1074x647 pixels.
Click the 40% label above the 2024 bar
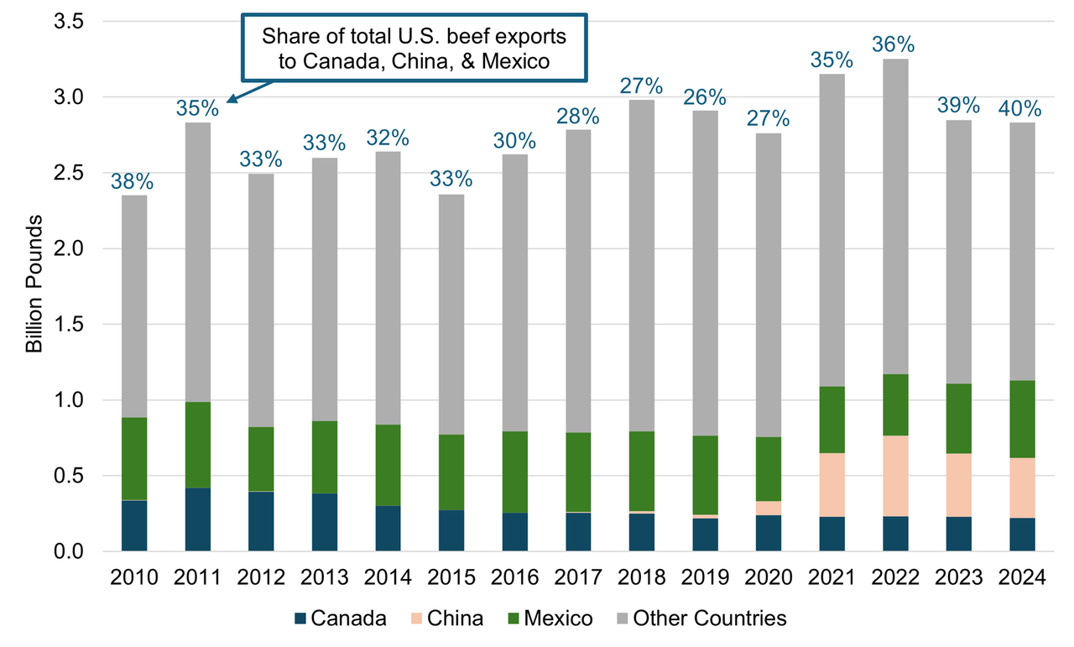tap(1021, 109)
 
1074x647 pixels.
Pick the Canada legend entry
tap(340, 619)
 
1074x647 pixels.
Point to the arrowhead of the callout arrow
tap(229, 102)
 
